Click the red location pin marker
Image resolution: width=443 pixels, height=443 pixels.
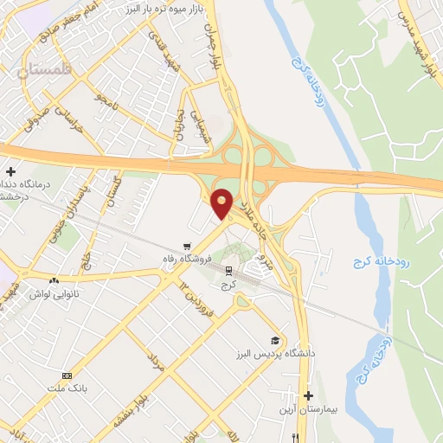click(x=222, y=203)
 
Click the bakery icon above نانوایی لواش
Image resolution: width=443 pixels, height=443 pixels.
click(x=55, y=281)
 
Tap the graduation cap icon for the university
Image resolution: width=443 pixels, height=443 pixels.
click(x=275, y=341)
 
